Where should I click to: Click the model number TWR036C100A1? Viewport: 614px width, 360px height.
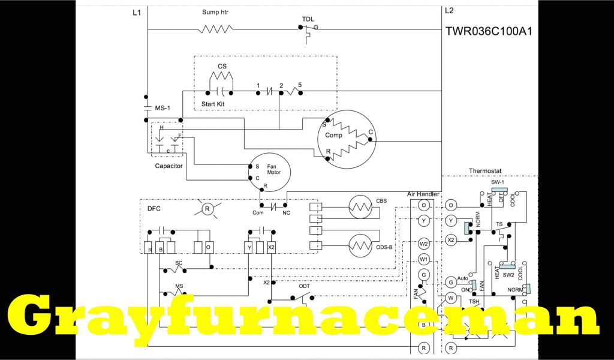[x=488, y=31]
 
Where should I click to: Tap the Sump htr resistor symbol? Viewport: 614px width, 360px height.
[x=215, y=29]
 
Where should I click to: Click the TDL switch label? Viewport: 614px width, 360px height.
[x=307, y=18]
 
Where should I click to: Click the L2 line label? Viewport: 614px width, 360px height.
[x=450, y=11]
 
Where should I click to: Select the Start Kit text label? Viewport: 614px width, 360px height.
[x=213, y=104]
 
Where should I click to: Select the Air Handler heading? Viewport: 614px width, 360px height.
[x=423, y=194]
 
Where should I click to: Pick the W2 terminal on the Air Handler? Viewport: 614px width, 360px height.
[x=423, y=244]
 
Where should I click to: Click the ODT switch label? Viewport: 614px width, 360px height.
[x=305, y=286]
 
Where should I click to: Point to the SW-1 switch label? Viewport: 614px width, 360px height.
[x=498, y=182]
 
